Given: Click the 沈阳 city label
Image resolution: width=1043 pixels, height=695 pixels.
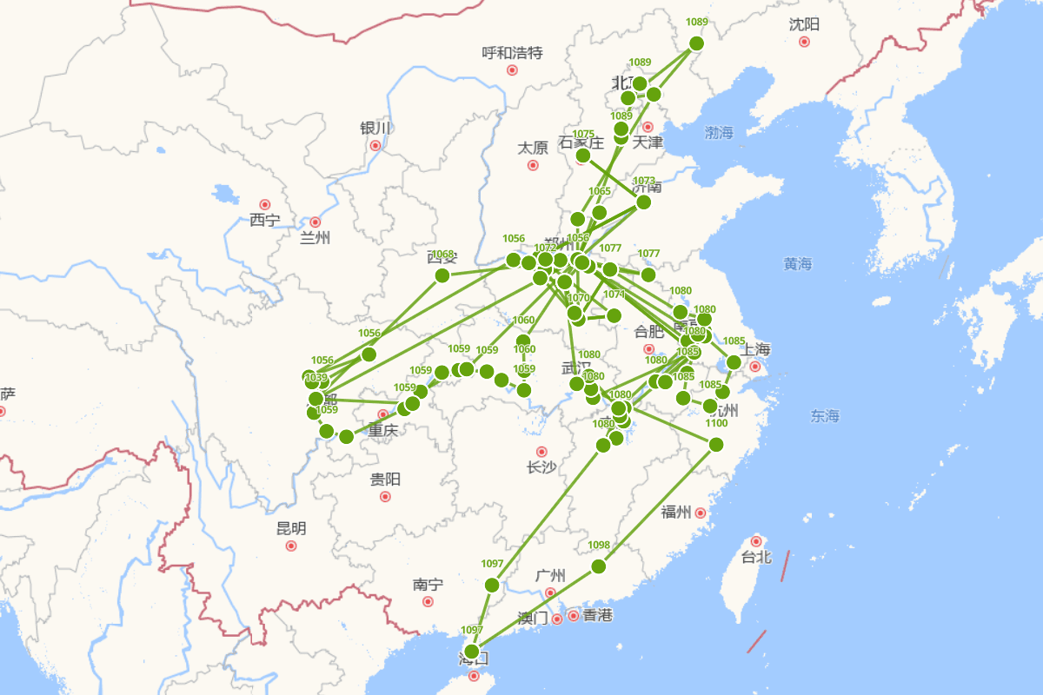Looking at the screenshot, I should [x=804, y=24].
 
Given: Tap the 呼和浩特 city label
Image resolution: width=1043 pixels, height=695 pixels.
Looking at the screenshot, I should [x=512, y=53].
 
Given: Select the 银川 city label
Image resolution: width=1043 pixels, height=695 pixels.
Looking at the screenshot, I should [x=375, y=129].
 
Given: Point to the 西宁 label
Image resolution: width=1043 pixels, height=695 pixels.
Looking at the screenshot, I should [x=264, y=220].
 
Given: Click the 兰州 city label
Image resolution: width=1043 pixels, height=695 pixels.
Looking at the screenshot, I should [x=315, y=238].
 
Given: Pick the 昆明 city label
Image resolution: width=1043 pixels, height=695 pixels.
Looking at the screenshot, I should [x=291, y=528].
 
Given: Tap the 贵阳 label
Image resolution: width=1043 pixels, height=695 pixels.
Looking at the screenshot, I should [x=385, y=479].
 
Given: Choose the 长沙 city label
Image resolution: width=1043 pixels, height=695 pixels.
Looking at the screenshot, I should [x=541, y=467].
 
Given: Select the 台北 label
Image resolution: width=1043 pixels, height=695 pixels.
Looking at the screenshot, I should [x=755, y=557].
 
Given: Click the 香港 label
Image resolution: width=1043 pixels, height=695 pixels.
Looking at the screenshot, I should [x=597, y=615].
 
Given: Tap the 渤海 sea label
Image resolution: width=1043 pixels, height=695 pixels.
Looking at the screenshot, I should [x=720, y=133].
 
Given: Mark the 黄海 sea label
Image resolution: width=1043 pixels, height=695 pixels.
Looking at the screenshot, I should [x=797, y=264].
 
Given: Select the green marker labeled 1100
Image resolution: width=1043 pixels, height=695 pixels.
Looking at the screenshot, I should [x=716, y=444].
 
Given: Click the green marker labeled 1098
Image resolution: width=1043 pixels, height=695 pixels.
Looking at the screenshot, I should [x=598, y=566].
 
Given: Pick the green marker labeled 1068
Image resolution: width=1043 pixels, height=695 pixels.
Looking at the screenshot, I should [x=442, y=275].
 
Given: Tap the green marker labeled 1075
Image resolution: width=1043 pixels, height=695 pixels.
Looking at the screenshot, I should [x=583, y=156].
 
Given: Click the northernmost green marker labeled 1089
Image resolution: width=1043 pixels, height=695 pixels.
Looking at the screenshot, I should [x=696, y=43].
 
